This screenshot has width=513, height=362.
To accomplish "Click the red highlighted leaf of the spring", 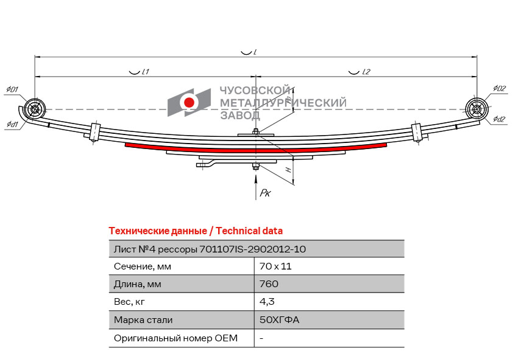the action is (255, 150).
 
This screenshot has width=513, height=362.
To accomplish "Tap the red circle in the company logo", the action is (189, 102).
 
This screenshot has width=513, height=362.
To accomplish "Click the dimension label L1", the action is (146, 72).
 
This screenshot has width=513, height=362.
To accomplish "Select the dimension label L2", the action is (366, 72).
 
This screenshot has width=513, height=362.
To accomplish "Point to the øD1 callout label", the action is (12, 89).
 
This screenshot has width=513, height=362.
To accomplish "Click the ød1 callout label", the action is (12, 124).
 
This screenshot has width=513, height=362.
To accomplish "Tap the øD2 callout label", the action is (500, 88).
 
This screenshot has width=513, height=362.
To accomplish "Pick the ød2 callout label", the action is (499, 119).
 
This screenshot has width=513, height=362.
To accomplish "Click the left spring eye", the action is (34, 109).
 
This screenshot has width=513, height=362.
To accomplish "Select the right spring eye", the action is (476, 109).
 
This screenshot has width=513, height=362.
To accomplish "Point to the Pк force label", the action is (265, 193).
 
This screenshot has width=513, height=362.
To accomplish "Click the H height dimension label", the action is (288, 170).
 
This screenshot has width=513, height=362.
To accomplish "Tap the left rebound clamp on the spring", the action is (94, 132).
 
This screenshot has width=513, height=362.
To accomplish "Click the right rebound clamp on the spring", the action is (416, 132).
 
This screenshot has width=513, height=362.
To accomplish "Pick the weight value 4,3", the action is (267, 302).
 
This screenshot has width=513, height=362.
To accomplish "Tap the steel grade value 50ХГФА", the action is (280, 319).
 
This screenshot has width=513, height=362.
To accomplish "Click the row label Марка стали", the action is (143, 320).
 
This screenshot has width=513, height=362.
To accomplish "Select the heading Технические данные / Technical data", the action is (196, 231).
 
